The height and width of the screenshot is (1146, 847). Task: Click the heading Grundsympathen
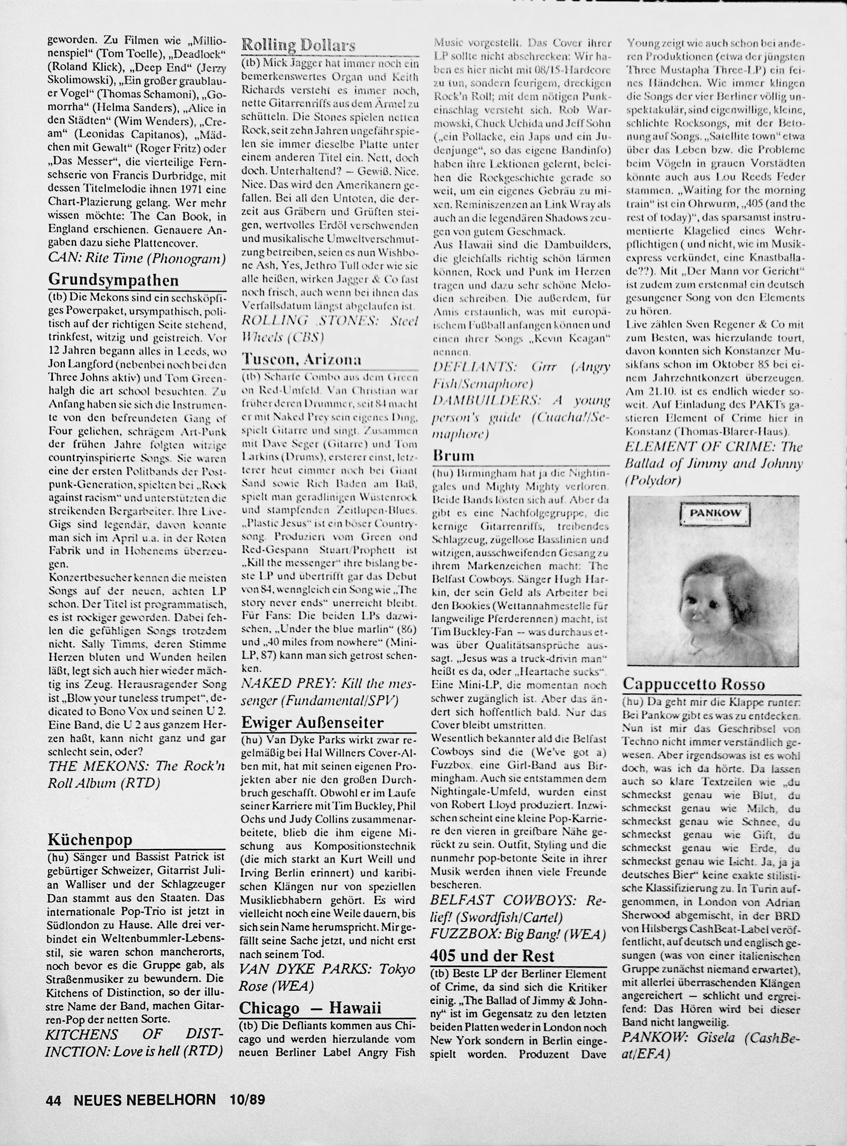[x=113, y=280]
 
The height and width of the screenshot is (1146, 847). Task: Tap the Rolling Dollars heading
[x=298, y=46]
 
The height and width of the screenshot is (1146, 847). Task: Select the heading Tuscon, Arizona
[x=302, y=359]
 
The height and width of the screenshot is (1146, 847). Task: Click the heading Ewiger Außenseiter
[x=312, y=722]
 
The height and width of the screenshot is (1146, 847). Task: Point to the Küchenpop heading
[x=90, y=840]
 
